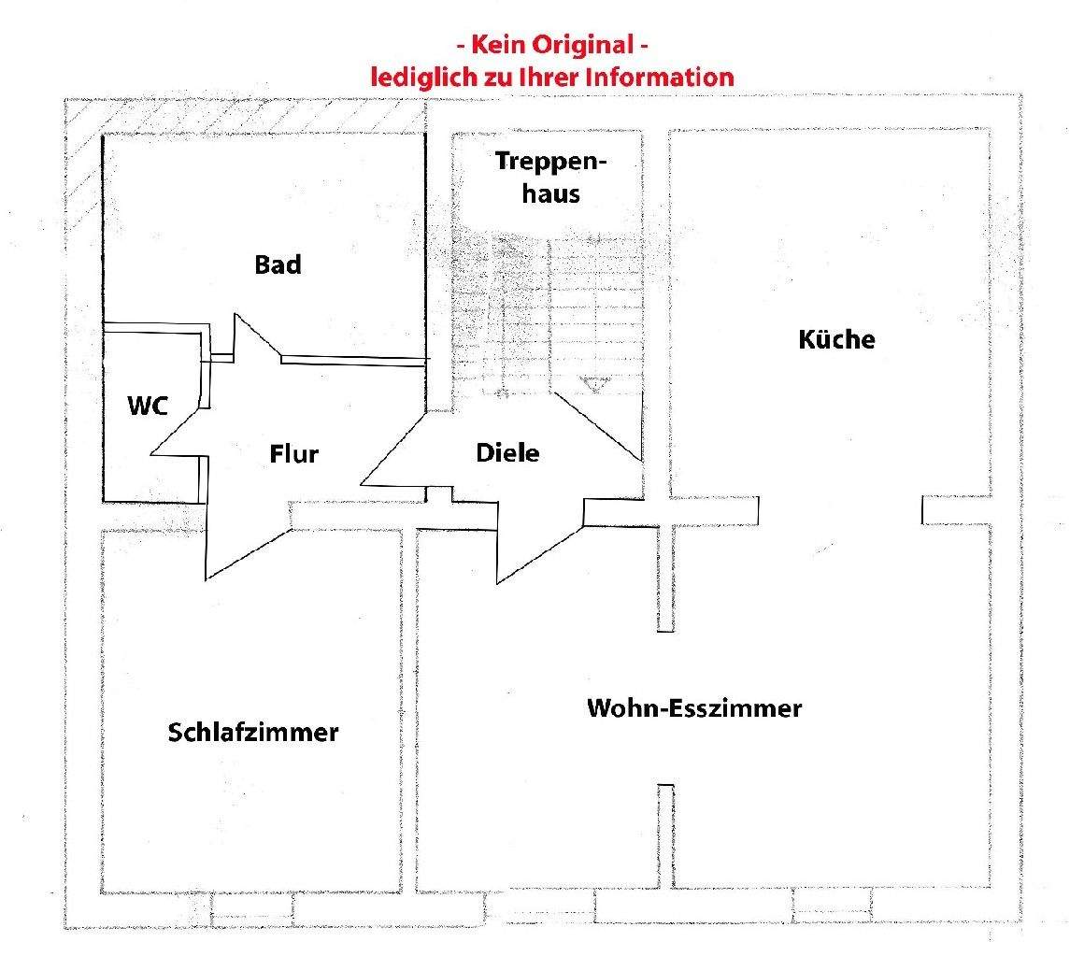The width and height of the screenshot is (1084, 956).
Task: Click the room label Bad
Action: pos(278,264)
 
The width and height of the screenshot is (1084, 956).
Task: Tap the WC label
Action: pos(149,406)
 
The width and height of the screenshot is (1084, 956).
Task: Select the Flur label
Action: pos(294,454)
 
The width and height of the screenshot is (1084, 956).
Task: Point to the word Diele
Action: pos(507,453)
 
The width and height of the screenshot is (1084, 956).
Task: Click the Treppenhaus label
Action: pos(551,177)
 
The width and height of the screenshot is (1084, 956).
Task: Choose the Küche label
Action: pos(836,338)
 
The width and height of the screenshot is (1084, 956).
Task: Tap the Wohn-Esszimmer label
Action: pos(693,707)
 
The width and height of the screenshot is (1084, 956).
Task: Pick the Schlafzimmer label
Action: pos(253,732)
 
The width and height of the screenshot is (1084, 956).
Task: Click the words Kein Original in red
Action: pos(552,44)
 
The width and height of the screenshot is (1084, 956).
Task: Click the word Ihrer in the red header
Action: pos(552,77)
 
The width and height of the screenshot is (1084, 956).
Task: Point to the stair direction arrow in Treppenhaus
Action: pos(592,382)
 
